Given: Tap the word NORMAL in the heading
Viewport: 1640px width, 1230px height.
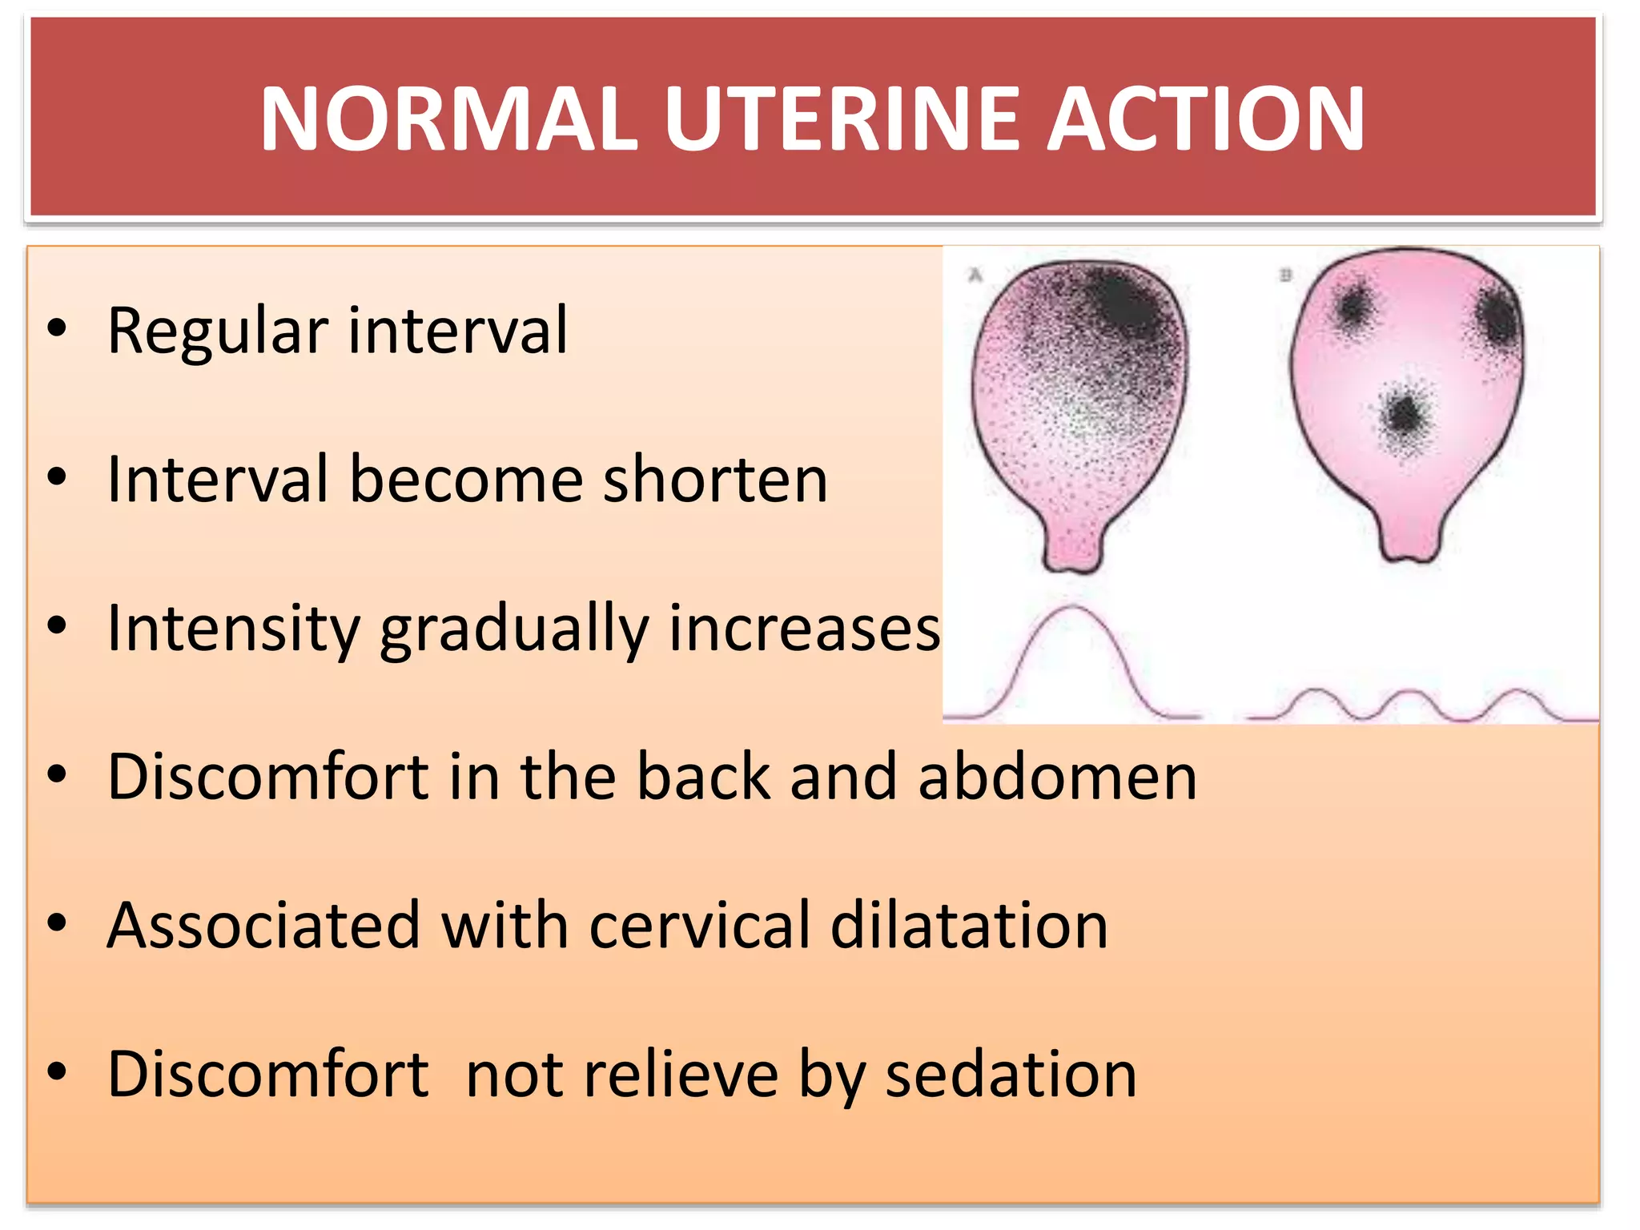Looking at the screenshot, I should (x=448, y=119).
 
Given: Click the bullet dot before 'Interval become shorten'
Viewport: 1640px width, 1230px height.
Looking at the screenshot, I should (x=57, y=477).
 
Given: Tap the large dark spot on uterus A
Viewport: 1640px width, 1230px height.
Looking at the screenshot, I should (x=1121, y=300).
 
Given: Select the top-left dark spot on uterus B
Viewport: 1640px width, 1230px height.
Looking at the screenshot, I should (x=1353, y=305).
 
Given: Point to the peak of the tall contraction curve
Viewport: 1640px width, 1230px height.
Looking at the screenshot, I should (x=1071, y=609).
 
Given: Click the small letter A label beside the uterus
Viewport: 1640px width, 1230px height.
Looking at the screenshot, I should (x=975, y=275).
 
